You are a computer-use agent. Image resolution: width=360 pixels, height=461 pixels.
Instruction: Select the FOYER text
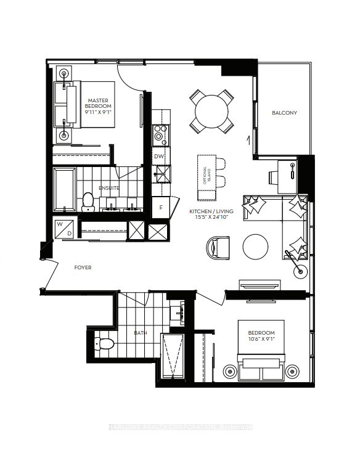pos(83,268)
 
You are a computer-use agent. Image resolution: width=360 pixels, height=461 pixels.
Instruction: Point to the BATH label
pos(141,333)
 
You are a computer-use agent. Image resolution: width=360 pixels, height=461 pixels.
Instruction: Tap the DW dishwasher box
pos(159,157)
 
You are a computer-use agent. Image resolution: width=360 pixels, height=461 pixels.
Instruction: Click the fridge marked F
pos(161,207)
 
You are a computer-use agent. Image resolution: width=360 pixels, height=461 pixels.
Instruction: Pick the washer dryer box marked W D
pos(65,227)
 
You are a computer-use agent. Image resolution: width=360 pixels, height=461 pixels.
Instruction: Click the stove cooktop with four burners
pos(160,134)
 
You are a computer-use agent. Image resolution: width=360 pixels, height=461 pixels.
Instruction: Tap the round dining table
pos(211,112)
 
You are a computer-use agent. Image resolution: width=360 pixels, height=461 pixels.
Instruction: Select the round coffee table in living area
pos(255,247)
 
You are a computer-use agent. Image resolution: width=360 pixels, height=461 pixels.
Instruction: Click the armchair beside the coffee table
pos(217,248)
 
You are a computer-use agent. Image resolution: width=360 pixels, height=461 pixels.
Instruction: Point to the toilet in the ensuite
pos(88,200)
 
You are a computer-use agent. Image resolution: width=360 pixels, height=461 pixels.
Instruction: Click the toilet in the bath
pos(102,343)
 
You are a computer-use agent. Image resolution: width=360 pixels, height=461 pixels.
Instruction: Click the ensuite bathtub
pos(63,187)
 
